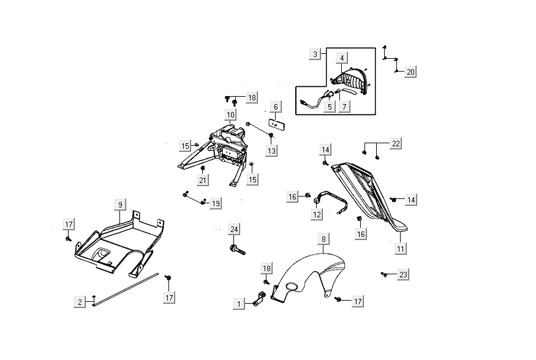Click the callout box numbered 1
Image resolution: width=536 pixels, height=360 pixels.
coord(239,303)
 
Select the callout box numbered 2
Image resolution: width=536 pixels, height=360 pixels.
coord(80,301)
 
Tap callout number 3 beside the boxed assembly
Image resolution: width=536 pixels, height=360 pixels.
coord(315,54)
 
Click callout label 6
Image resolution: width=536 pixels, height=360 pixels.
coord(276,107)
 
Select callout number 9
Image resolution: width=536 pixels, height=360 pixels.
coord(121,204)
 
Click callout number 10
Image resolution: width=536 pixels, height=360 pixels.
coord(230,114)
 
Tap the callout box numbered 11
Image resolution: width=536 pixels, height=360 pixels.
coord(401,248)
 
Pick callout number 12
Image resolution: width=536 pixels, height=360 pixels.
coord(317,214)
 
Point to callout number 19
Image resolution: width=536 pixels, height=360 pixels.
coord(216,203)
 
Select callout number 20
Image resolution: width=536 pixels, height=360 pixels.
coord(410,72)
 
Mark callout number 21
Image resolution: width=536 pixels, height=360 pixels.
coord(203,179)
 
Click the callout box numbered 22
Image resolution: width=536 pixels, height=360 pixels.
coord(396,144)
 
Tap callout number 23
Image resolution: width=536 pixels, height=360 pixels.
coord(403,274)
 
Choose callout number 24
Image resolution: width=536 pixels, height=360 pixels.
coord(233,230)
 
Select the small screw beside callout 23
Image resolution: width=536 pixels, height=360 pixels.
coord(383,274)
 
